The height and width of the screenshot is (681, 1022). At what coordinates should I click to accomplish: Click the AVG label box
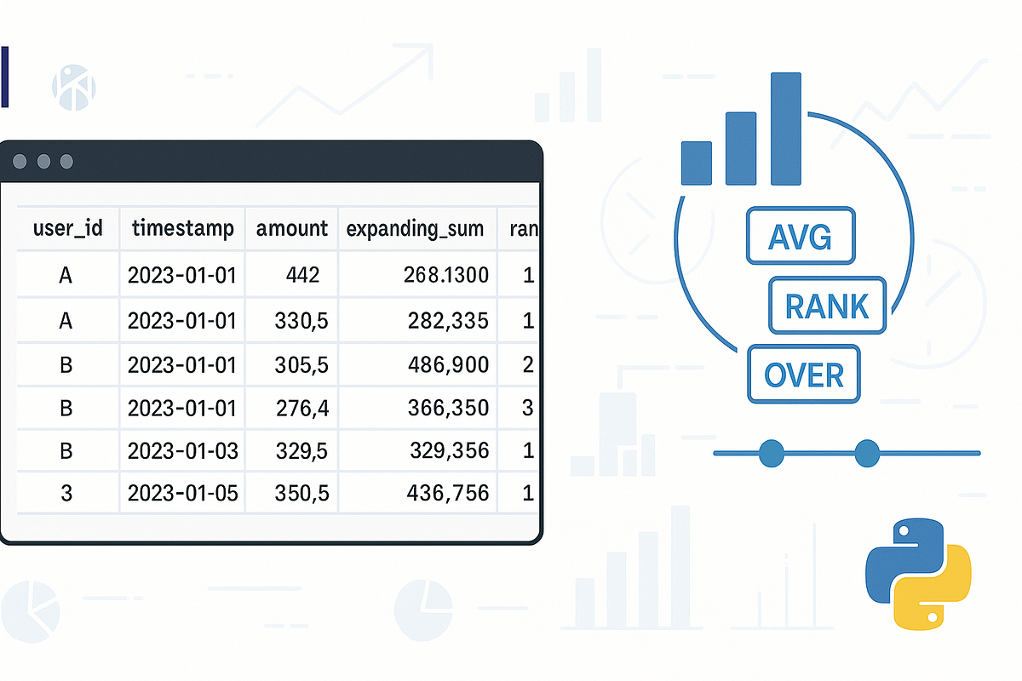coord(800,235)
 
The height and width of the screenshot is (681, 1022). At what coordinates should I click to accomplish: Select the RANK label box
coord(827,305)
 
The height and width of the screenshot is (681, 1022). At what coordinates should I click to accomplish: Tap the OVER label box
coord(803,374)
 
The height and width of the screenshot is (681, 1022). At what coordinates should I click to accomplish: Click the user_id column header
coord(67,228)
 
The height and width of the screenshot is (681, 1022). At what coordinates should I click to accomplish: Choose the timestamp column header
coord(182,228)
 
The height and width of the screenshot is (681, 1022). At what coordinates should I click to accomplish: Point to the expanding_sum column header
coord(416,228)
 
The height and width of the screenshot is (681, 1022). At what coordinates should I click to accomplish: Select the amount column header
coord(291,228)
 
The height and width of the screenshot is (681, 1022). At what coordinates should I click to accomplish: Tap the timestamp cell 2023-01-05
coord(182,493)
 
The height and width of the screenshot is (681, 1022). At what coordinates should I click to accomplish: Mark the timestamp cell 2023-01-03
coord(182,450)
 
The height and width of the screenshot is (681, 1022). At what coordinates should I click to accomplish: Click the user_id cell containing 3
coord(67,493)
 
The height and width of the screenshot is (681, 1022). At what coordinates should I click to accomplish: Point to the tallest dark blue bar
coord(786,129)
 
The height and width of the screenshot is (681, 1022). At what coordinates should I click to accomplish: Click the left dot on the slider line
coord(771,453)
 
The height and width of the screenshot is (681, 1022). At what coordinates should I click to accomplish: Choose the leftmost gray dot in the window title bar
coord(20,161)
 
